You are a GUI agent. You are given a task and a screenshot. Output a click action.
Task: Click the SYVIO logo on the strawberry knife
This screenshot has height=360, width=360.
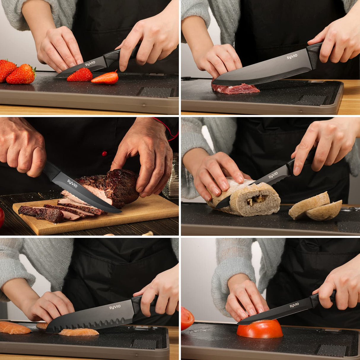(x=90, y=64)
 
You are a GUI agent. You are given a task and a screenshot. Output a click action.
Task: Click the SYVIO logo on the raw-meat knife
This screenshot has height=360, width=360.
(x=292, y=56)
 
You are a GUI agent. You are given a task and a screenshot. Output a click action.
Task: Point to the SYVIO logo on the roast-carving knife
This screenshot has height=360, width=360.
(x=72, y=183)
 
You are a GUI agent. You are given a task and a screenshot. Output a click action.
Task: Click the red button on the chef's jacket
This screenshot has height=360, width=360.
(x=104, y=153)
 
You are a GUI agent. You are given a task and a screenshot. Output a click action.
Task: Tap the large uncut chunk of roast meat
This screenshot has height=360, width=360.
(x=119, y=185)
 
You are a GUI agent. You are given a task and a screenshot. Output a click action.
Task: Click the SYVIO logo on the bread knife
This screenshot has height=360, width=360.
(x=273, y=176)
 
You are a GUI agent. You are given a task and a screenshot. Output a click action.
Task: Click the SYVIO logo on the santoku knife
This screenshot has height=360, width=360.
(x=115, y=307)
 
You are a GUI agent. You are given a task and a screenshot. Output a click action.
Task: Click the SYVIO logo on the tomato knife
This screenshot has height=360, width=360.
(x=294, y=305)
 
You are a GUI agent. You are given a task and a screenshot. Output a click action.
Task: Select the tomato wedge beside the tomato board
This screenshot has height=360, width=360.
(x=187, y=318)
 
